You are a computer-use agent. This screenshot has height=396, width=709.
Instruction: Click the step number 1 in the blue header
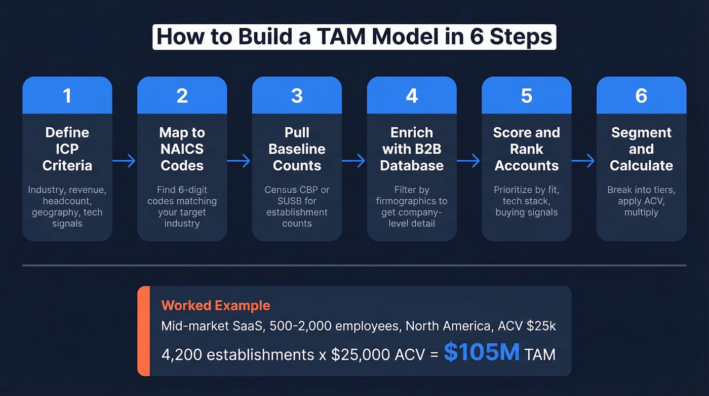coord(67,95)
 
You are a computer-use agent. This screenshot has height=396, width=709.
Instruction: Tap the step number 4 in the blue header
coord(412,95)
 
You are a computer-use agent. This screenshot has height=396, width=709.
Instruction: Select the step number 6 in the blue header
coord(641,95)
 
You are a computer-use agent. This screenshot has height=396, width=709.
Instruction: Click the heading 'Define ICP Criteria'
coord(67,149)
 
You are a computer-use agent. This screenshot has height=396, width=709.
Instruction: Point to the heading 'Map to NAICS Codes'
coord(182,149)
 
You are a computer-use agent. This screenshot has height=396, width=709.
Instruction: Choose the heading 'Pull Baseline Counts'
coord(297,149)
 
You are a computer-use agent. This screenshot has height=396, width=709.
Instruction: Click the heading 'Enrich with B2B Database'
coord(412,149)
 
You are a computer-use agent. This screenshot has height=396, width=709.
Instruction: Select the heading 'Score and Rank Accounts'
coord(526,149)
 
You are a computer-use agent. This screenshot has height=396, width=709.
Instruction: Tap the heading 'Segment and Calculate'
coord(641,149)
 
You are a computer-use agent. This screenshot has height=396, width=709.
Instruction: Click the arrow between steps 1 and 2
coord(125,161)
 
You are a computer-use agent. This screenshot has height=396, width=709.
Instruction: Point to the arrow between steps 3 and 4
coord(354,161)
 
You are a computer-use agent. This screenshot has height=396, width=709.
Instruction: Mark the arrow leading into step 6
coord(583,161)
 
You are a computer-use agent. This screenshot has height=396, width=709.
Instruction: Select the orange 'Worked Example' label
coord(215,306)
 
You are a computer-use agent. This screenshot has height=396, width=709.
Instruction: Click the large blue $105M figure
coord(481,353)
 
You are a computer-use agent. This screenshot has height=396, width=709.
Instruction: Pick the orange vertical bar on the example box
coord(143,331)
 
